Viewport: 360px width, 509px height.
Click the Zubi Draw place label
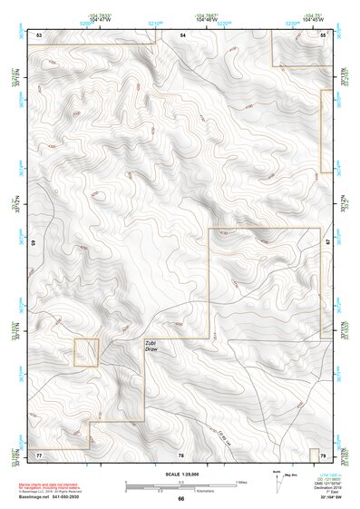151,346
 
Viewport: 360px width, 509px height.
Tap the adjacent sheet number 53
39,34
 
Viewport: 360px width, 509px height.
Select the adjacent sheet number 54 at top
181,34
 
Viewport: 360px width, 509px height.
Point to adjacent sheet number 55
323,34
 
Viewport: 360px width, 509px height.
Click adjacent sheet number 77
39,453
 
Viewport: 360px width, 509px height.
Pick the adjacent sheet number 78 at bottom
181,454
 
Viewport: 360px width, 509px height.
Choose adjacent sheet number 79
324,453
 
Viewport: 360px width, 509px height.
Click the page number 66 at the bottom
180,498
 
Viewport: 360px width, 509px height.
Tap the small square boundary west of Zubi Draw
85,352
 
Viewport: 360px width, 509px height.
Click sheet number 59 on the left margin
33,243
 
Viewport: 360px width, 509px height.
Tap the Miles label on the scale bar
241,481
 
